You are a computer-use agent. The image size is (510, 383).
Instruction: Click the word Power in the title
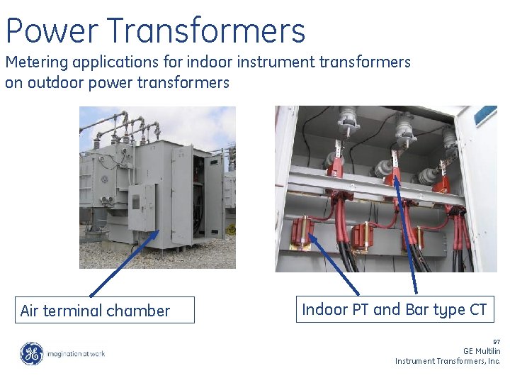(x=52, y=31)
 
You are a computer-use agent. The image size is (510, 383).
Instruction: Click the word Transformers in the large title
(x=207, y=31)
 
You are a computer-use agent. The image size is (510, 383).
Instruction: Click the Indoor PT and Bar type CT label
(x=394, y=310)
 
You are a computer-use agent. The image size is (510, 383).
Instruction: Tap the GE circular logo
(x=31, y=353)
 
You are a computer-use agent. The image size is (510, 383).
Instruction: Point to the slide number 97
(x=497, y=342)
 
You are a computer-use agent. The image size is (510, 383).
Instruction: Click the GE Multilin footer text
(x=482, y=351)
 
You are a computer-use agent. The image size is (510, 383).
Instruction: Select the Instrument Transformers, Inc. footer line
(x=448, y=361)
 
